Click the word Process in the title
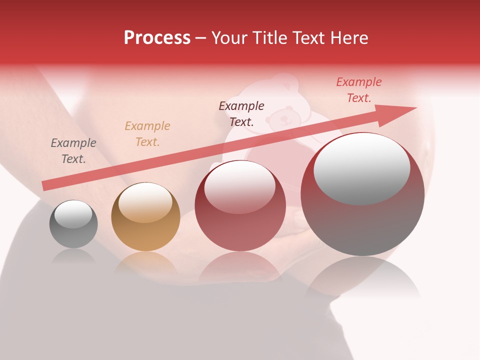coord(157,38)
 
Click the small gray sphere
coord(73,224)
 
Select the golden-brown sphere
coord(145,217)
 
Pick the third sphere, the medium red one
coord(240,206)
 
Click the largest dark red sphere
coord(362,194)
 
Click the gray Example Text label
coord(73,151)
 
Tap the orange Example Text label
coord(147,134)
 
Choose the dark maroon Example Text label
coord(241,113)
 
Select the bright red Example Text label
coord(359,90)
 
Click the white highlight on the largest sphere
coord(362,168)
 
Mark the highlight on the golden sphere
coord(145,202)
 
